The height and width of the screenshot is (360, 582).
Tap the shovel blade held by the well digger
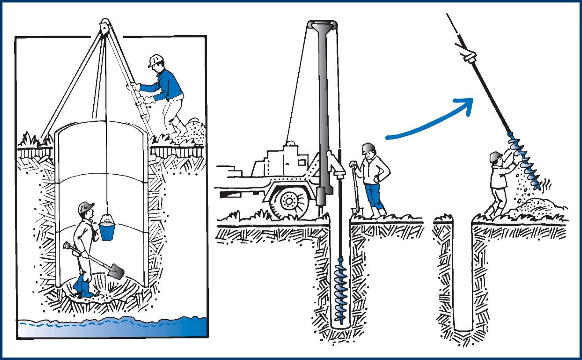click(x=116, y=270)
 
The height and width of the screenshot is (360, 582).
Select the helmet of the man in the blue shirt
click(x=155, y=60)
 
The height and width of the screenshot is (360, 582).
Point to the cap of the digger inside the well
click(x=86, y=207)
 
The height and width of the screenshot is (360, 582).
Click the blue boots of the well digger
click(x=83, y=286)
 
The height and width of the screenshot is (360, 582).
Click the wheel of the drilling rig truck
click(x=289, y=202)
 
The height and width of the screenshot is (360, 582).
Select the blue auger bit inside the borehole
click(x=340, y=289)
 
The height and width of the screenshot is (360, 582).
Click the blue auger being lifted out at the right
click(x=526, y=161)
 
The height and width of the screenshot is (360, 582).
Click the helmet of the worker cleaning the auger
click(x=496, y=156)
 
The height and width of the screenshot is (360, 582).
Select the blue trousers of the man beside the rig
click(x=373, y=196)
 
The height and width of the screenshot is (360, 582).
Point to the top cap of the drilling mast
click(x=322, y=25)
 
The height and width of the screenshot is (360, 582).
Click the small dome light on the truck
click(x=291, y=144)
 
